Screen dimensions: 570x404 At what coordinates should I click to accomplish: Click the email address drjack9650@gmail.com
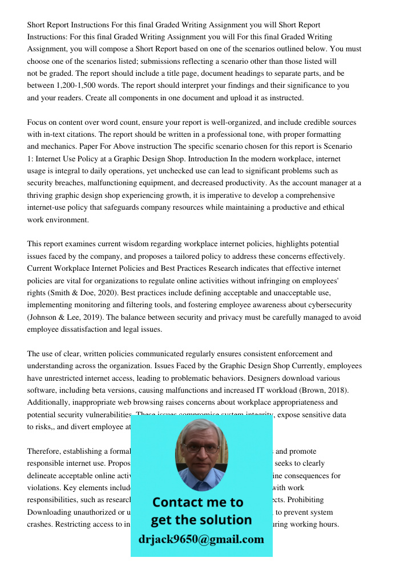201,539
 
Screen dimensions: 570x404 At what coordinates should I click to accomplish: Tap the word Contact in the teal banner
179,502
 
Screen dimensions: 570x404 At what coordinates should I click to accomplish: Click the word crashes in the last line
42,524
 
